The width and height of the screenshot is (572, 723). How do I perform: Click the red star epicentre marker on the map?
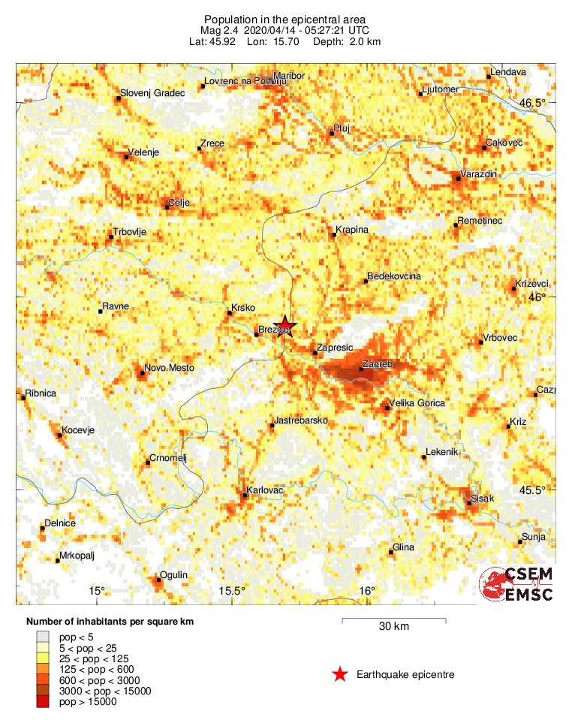[x=284, y=326]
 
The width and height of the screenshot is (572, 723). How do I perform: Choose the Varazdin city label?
[x=479, y=174]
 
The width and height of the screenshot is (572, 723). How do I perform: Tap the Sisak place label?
[x=482, y=499]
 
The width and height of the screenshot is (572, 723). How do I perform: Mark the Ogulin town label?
[x=174, y=575]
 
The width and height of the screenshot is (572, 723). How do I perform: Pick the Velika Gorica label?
[x=417, y=403]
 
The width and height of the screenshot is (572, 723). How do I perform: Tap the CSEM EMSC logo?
[x=517, y=584]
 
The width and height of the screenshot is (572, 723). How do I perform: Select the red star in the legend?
[x=340, y=675]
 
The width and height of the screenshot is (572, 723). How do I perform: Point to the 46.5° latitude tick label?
[x=534, y=102]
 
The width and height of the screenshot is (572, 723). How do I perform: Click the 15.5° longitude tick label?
[x=233, y=591]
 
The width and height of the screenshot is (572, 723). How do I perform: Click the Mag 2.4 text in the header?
[x=218, y=30]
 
